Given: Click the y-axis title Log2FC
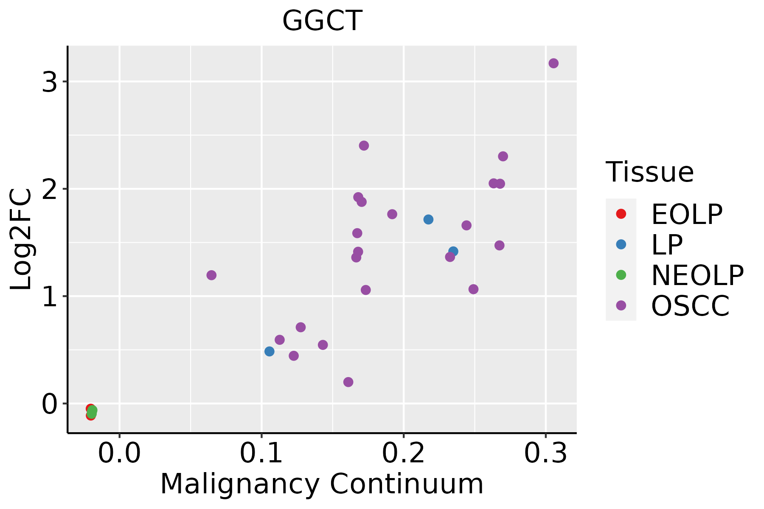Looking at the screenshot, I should click(21, 239).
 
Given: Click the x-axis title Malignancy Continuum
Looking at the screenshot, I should click(322, 484).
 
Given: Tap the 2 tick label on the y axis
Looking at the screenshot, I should click(50, 189).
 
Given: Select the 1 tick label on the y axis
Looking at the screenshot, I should click(50, 296).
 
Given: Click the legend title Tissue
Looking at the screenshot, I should click(649, 172).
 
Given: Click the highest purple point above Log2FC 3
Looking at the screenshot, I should click(553, 63).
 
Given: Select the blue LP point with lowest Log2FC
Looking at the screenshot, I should click(270, 351).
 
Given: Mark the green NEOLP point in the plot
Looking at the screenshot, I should click(92, 411).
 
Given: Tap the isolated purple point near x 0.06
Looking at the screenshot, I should click(211, 275).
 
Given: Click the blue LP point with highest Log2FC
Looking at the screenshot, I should click(428, 219).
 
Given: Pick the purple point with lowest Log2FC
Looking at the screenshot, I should click(348, 382).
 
